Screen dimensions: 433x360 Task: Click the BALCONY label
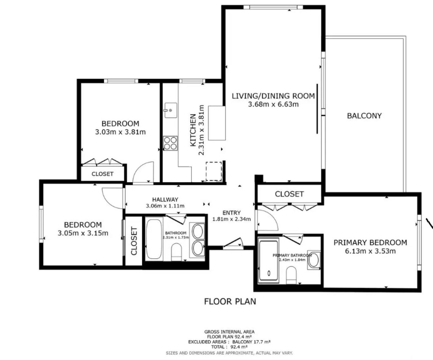364,116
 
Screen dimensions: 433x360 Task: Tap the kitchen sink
171,110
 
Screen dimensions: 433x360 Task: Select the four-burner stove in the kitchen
170,143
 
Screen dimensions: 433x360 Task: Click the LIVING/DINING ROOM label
273,96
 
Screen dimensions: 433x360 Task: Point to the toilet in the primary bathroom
291,275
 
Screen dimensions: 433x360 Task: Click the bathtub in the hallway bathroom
154,239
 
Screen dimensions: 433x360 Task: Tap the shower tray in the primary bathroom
269,261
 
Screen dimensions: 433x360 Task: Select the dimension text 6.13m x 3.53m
370,251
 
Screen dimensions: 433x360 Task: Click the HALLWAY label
165,199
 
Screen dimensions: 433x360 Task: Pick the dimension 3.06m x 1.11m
165,206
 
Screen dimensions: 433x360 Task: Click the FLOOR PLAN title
230,302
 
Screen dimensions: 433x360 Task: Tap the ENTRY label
231,213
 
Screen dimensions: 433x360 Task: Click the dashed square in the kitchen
214,172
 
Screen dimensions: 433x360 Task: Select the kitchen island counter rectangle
217,123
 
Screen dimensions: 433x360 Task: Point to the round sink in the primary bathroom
313,260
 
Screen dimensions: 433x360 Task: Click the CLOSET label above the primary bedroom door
289,194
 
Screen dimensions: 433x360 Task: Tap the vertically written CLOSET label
134,241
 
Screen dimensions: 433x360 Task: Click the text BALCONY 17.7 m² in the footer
252,342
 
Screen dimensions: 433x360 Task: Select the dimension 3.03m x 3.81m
120,132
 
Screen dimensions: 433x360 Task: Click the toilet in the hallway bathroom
176,252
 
